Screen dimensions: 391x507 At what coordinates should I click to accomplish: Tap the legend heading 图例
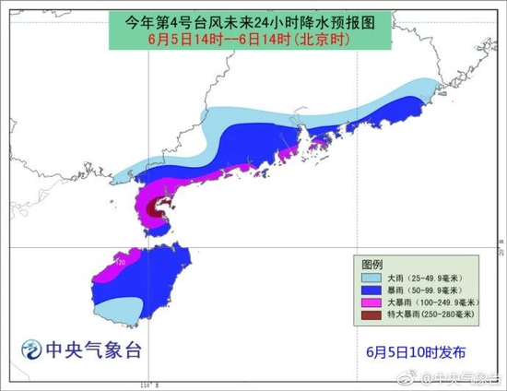click(372, 263)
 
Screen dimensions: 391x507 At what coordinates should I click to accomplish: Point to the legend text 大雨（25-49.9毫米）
click(430, 276)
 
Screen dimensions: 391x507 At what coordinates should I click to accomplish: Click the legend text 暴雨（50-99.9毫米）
click(430, 289)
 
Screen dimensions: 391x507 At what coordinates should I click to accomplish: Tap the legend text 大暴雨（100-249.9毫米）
click(433, 302)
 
